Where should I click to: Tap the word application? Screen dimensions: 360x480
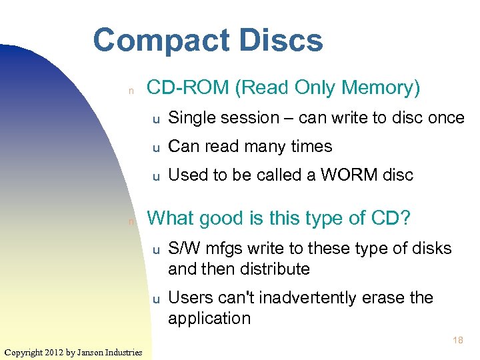tap(209, 318)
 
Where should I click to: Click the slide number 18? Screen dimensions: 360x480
tap(458, 340)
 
